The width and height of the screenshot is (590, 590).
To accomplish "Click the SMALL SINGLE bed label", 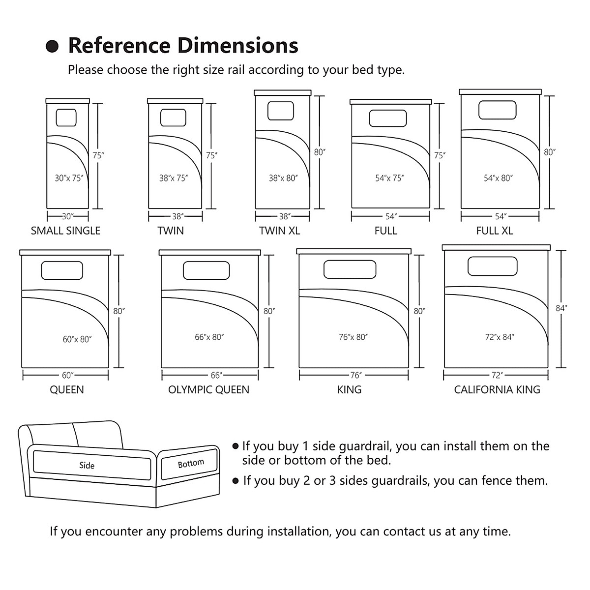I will click(65, 231).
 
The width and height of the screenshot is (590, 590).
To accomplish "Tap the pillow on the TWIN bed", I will click(173, 118).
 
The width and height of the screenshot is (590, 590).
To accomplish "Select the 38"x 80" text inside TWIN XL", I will click(283, 178).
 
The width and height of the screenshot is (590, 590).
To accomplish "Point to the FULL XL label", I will click(494, 231).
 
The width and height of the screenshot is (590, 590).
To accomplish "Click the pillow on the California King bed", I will click(493, 266).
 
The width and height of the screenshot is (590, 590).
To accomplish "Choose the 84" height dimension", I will click(561, 308).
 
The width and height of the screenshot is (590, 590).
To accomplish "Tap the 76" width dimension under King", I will click(355, 375).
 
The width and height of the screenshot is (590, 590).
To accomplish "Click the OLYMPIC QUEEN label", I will click(208, 390).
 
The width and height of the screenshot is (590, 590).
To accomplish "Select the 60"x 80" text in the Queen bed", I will click(77, 339).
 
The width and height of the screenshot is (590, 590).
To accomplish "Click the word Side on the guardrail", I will click(87, 466).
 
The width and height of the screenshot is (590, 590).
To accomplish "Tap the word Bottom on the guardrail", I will click(191, 463).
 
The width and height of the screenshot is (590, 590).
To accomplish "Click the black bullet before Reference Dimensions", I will click(52, 47).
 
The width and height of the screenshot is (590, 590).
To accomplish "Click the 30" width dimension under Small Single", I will click(67, 216).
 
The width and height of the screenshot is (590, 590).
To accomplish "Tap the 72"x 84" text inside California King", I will click(499, 337).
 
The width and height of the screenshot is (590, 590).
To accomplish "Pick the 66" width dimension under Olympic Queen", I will click(216, 375).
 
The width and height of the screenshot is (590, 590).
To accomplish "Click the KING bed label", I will click(349, 390).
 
